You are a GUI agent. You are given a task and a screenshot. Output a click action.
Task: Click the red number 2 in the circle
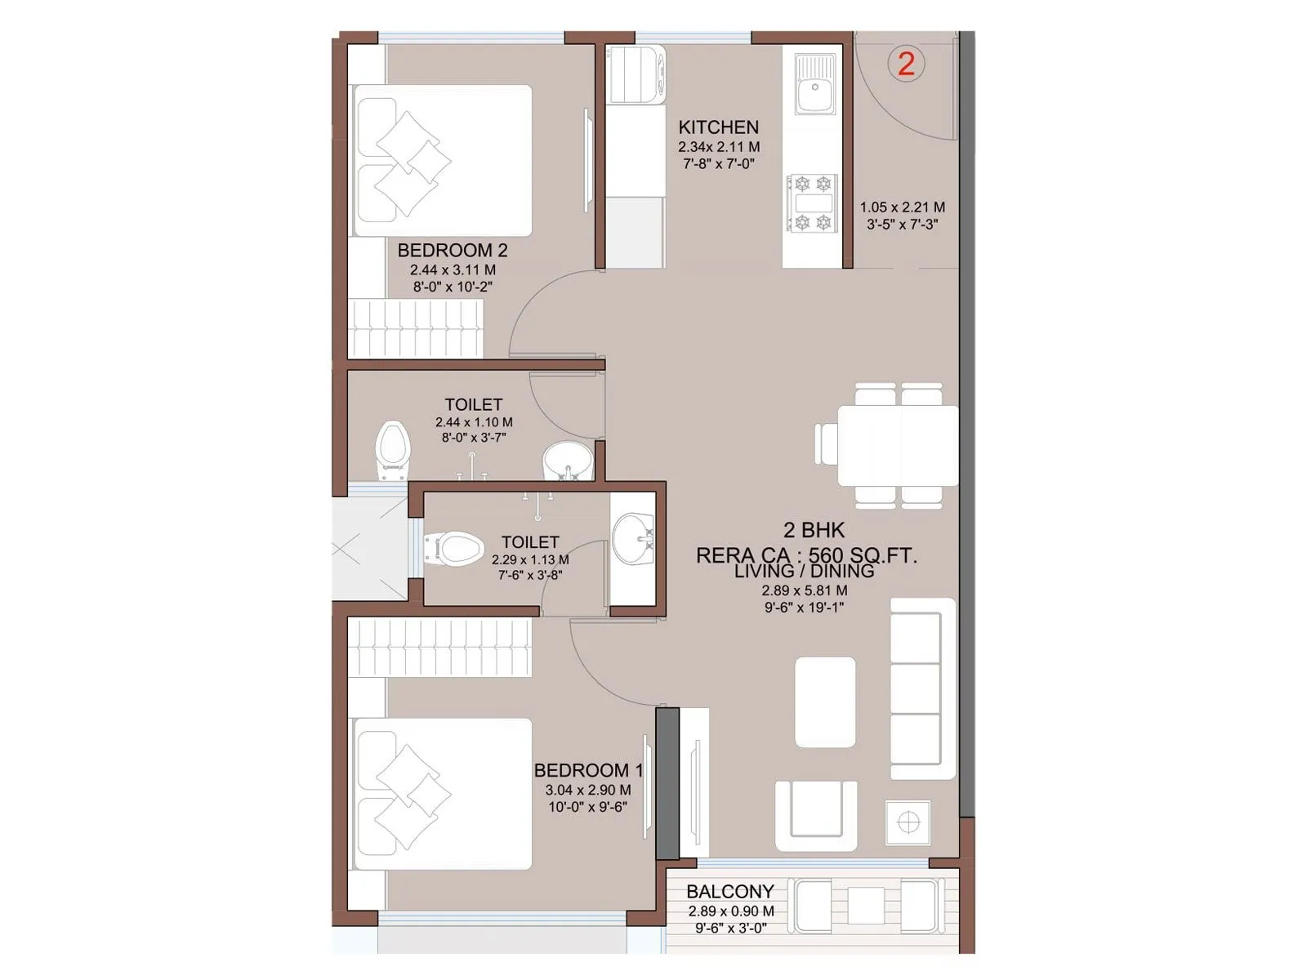(906, 64)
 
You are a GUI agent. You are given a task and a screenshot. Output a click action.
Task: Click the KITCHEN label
(718, 127)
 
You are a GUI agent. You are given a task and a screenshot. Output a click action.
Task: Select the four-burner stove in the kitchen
(812, 203)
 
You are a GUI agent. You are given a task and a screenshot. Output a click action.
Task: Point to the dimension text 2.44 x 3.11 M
(453, 269)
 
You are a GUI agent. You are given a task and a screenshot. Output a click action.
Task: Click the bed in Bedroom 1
(442, 793)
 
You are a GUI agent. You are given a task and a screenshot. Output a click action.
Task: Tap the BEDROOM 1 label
(588, 770)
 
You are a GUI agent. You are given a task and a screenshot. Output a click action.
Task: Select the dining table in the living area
(897, 446)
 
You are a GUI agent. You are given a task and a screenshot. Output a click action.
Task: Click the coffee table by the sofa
(825, 702)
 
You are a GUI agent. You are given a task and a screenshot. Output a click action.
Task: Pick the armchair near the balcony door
(816, 815)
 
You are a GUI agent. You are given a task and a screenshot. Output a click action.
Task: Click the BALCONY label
(729, 891)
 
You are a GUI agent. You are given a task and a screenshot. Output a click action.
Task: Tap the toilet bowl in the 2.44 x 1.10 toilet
(393, 450)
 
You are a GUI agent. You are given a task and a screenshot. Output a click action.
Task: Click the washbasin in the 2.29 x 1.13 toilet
(633, 537)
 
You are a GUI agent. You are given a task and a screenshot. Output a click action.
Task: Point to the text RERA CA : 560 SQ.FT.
(805, 555)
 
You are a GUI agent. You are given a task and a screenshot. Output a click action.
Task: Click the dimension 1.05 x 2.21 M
(902, 207)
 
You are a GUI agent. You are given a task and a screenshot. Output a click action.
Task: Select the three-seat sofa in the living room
(921, 688)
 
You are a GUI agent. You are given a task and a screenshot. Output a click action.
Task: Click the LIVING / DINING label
(804, 572)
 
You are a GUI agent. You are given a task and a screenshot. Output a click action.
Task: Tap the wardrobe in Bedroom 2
(417, 327)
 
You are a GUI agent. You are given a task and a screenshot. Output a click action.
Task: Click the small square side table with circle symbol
(908, 822)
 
